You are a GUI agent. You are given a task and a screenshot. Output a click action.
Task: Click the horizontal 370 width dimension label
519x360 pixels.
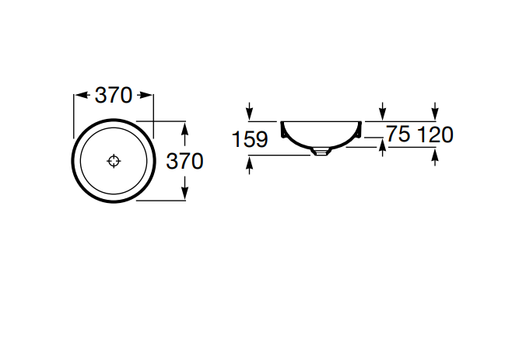point(114,96)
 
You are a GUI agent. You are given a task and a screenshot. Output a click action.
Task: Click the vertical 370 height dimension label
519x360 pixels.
point(184,162)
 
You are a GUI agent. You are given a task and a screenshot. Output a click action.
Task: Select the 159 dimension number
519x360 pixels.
point(250,139)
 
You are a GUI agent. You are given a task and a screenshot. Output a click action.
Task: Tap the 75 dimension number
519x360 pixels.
point(398,134)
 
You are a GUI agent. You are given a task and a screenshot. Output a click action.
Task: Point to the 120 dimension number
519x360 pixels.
point(435,135)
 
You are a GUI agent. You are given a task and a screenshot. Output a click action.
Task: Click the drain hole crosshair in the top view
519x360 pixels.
point(114,161)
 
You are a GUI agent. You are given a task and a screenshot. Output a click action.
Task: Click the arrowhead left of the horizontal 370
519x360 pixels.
point(82,96)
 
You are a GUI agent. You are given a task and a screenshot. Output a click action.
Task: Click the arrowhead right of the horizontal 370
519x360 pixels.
point(145,96)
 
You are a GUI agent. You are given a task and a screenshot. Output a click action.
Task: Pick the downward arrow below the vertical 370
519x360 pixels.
point(184,188)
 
